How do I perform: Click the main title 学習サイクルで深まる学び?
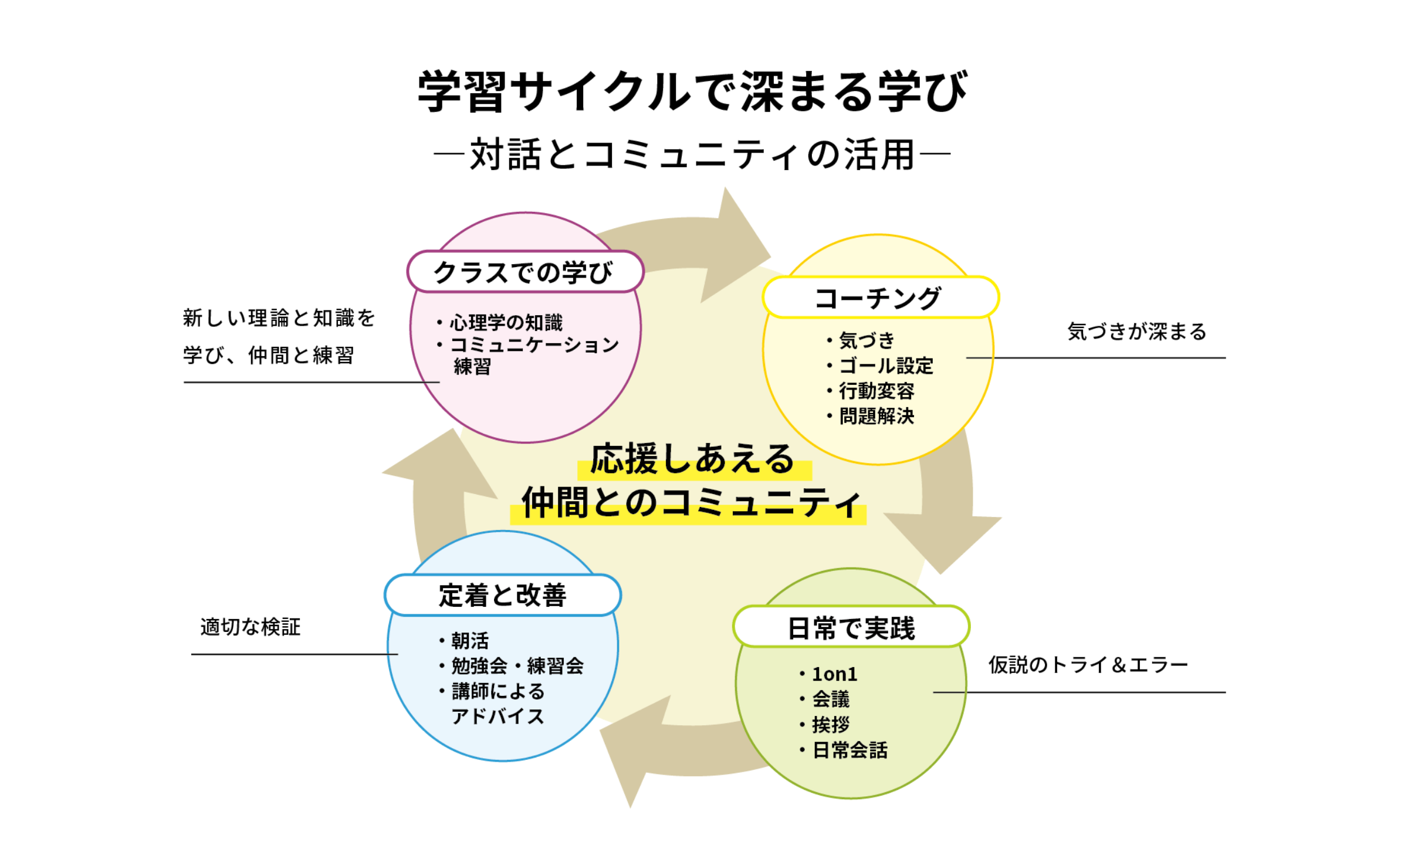tap(692, 92)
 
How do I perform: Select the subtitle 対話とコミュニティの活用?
tap(692, 154)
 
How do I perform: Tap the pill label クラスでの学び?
tap(524, 272)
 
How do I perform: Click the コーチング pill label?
tap(879, 298)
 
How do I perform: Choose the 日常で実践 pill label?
tap(851, 628)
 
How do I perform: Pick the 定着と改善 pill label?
tap(503, 595)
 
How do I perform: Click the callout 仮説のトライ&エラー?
tap(1088, 665)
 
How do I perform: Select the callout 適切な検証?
tap(251, 627)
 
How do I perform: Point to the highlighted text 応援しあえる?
tap(692, 459)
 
